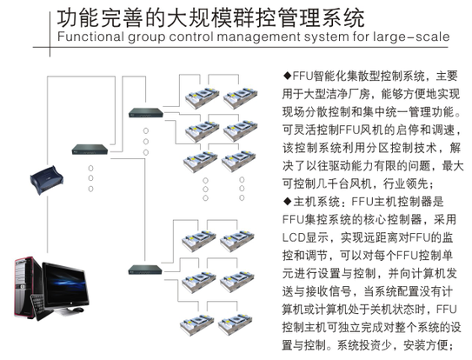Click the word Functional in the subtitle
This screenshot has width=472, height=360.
tap(90, 37)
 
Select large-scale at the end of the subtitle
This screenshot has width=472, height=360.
tap(411, 37)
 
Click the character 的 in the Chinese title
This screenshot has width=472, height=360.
tap(156, 17)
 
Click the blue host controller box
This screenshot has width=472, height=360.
tap(47, 180)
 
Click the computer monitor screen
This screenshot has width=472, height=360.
tap(65, 284)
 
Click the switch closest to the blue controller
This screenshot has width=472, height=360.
tap(90, 150)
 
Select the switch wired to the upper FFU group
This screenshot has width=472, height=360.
tap(146, 113)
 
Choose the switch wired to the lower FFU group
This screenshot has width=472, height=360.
tap(145, 270)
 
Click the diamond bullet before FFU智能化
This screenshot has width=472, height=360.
tap(287, 75)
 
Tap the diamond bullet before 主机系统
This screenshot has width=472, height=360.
tap(287, 201)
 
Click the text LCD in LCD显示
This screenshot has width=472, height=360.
tap(294, 237)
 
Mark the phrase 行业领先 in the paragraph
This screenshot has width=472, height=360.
tap(406, 183)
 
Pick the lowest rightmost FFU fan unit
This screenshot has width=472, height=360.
tap(235, 323)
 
